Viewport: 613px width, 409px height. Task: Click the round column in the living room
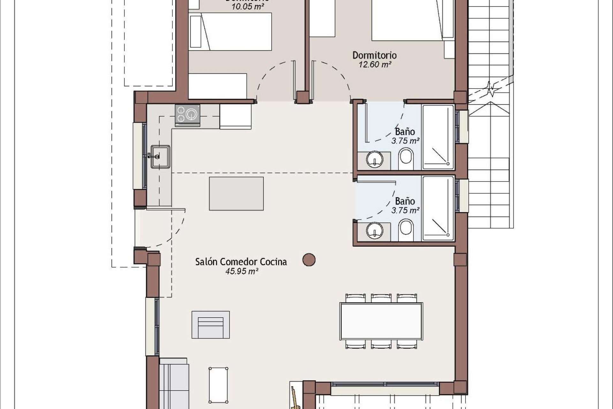(x=309, y=260)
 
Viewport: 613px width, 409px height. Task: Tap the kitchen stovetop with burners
(x=187, y=114)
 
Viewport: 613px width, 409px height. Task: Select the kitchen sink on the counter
(x=161, y=156)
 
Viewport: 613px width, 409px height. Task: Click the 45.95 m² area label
(x=241, y=272)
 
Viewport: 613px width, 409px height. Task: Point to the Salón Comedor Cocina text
(x=241, y=262)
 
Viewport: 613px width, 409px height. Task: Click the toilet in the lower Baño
(x=406, y=228)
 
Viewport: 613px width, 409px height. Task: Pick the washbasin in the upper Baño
(x=374, y=159)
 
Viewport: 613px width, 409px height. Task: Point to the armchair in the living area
(x=210, y=325)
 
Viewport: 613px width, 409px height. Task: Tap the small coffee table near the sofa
(x=218, y=385)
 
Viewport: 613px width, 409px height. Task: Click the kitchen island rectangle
(x=236, y=194)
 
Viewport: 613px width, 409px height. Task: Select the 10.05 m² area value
(x=247, y=7)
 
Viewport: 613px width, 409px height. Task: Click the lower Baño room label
(x=405, y=201)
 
